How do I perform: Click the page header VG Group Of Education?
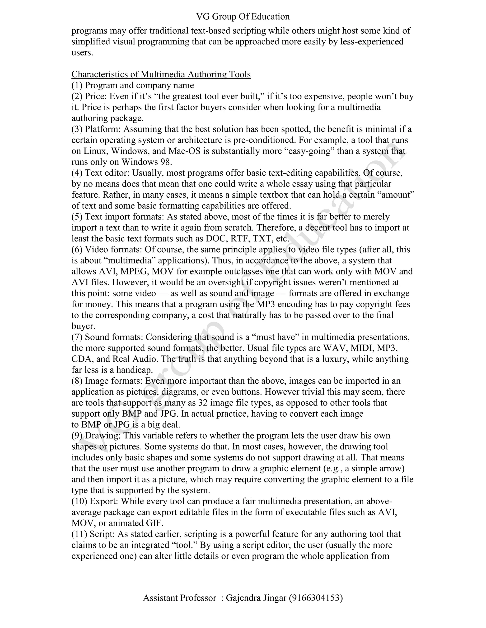coord(243,17)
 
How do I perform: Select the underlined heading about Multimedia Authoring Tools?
coord(161,74)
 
